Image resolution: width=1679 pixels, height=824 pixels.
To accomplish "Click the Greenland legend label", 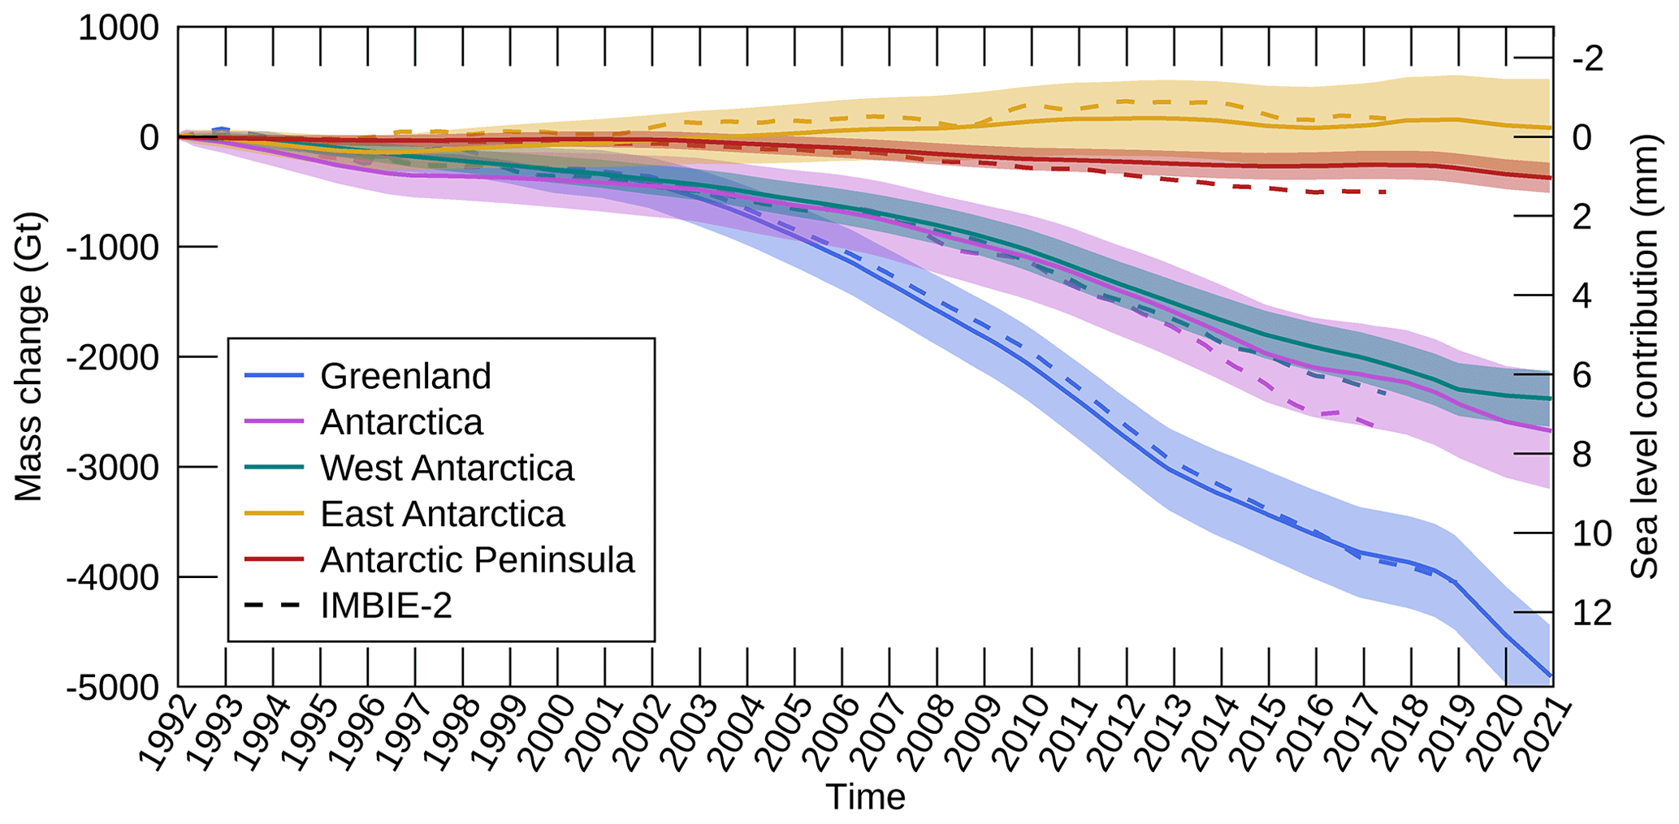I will coord(405,376).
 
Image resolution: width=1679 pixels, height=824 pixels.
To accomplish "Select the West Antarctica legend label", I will coord(447,468).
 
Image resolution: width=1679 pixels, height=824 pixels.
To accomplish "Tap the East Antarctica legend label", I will coord(442,514).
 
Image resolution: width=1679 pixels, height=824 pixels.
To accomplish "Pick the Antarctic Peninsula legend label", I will coord(477,560).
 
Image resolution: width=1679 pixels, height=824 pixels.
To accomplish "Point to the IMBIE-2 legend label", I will coord(386,606).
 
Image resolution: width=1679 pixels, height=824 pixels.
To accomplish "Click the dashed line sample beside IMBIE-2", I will coord(273,606).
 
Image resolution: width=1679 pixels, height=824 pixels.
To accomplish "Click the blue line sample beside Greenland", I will coord(273,376).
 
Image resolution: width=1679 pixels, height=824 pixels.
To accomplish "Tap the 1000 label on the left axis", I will coord(119,28).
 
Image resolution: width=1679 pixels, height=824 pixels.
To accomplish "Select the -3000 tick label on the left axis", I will coord(114,468).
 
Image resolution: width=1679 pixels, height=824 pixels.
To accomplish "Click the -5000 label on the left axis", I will coord(114,688).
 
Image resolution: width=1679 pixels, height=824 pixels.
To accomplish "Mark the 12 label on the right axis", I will coord(1592,613).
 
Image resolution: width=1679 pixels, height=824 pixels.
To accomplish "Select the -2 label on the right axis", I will coord(1588,58).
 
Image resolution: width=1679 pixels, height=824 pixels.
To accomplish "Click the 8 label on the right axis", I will coord(1582,455).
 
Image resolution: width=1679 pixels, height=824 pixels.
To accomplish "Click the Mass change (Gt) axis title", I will coord(28,357).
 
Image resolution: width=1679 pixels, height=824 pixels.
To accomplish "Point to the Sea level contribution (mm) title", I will coord(1645,357).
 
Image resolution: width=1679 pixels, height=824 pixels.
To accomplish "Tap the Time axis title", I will coord(865,797).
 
